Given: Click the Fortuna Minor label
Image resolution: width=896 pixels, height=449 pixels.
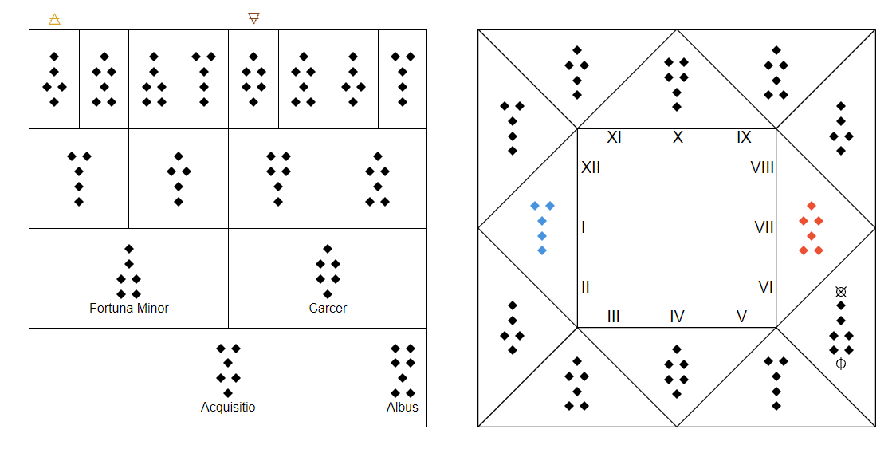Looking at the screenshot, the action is click(x=129, y=309).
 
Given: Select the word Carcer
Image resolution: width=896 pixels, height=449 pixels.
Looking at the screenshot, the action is click(x=328, y=309).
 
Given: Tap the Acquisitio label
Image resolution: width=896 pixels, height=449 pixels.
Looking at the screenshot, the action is click(x=228, y=408).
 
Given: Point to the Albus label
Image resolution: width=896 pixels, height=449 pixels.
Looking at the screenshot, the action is click(x=403, y=408).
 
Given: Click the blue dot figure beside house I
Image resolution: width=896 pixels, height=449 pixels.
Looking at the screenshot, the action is click(x=542, y=227).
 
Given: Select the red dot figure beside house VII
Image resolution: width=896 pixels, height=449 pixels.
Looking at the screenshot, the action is click(x=811, y=227).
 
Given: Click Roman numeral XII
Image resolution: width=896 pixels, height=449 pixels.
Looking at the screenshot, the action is click(x=591, y=167).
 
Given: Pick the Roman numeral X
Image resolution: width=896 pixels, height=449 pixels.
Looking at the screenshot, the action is click(x=678, y=137).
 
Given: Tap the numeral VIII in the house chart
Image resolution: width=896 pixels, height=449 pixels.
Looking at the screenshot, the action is click(x=762, y=167).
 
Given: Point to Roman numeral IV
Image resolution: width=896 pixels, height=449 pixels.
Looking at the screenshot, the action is click(x=677, y=317).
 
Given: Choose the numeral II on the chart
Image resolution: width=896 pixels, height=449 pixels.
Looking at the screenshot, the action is click(x=585, y=286).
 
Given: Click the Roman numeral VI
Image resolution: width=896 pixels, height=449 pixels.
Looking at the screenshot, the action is click(x=766, y=286).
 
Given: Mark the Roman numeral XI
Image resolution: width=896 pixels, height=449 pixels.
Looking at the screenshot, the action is click(x=615, y=137).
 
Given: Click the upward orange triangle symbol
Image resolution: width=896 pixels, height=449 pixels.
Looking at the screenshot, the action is click(x=54, y=19).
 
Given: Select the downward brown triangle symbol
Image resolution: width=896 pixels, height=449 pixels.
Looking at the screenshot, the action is click(x=253, y=18).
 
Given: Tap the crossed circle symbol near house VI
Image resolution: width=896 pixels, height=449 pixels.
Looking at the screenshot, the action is click(x=840, y=292).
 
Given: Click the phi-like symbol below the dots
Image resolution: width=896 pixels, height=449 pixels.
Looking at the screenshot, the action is click(x=840, y=364).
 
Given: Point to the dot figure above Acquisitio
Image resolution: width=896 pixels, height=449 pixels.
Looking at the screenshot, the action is click(x=228, y=370).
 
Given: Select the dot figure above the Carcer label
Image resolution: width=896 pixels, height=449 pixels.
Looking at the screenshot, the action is click(x=328, y=272).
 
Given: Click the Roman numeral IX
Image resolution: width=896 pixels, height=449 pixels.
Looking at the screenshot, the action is click(x=744, y=137).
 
